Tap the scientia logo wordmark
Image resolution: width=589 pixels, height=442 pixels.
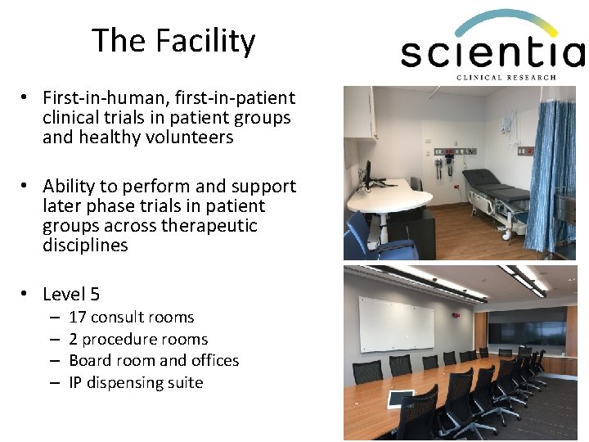click(491, 53)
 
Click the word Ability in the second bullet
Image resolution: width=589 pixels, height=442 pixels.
click(71, 187)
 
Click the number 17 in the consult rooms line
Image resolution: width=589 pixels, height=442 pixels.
click(78, 318)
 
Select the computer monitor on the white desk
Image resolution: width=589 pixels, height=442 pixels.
click(368, 173)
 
